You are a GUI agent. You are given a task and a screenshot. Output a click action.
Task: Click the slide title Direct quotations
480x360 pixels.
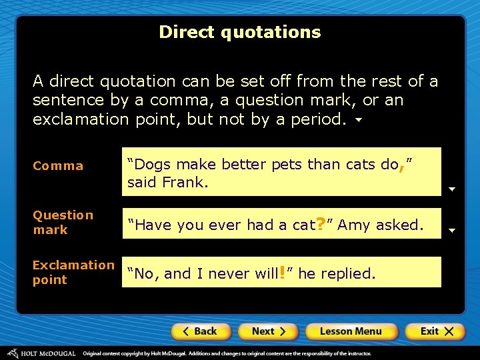click(240, 32)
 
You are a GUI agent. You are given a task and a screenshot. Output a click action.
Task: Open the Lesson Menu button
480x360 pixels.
click(351, 331)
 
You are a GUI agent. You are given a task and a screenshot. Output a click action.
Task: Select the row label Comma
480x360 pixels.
click(58, 166)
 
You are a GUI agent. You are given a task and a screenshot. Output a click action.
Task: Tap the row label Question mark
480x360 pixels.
click(63, 222)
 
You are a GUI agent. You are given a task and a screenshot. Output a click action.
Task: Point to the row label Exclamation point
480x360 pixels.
click(73, 272)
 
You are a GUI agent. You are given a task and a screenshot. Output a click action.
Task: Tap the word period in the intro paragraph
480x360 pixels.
click(319, 119)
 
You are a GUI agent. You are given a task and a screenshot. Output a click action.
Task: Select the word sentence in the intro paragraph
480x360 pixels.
click(65, 101)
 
